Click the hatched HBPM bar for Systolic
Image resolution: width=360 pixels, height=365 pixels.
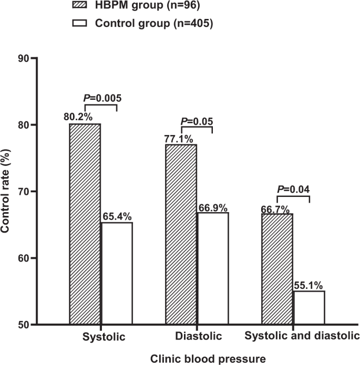[85, 224]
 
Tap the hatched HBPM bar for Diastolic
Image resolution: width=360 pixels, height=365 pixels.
[181, 234]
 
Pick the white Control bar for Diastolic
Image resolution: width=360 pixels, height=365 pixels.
[213, 268]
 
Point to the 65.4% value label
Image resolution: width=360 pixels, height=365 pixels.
[117, 216]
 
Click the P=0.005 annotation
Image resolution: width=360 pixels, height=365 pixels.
[104, 97]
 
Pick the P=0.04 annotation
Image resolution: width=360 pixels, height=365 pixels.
[294, 188]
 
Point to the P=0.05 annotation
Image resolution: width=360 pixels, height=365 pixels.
[197, 121]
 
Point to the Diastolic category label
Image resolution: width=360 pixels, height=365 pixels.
[197, 336]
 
